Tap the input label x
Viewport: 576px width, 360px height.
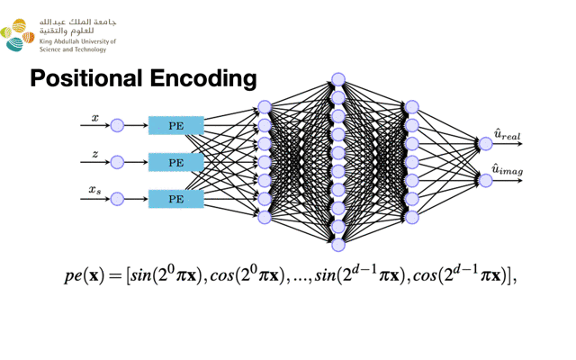coord(95,118)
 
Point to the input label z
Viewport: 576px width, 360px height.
coord(95,155)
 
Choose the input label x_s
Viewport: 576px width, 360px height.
coord(94,190)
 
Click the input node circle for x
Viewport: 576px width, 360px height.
coord(117,127)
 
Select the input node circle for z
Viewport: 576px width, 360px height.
coord(117,163)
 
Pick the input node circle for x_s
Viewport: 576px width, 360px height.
coord(117,199)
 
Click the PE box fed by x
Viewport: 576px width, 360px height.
coord(175,127)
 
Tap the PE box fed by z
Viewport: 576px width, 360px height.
coord(175,163)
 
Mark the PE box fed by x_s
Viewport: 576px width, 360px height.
coord(175,199)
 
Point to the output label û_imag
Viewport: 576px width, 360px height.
coord(508,170)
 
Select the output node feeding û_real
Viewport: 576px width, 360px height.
coord(486,143)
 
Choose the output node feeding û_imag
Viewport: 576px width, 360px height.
coord(486,180)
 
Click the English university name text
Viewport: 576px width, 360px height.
coord(77,45)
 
